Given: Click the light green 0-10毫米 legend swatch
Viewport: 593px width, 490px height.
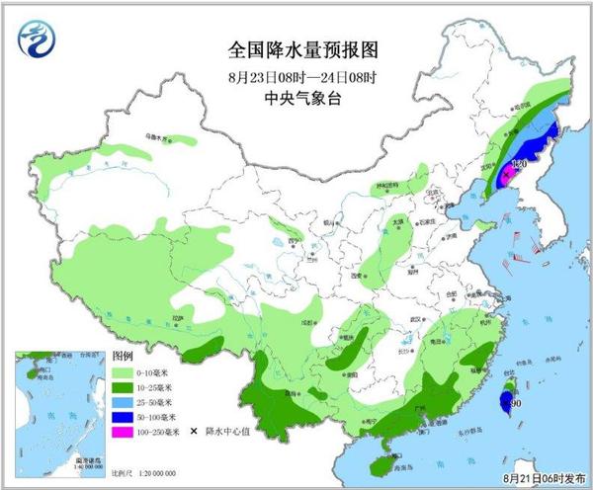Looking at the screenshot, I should tap(124, 373).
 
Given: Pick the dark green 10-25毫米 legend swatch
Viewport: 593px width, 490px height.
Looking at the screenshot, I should tap(124, 388).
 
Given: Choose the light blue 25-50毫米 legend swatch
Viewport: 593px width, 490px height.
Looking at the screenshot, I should tap(124, 402).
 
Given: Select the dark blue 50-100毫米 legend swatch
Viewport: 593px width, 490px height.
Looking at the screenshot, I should tap(124, 417).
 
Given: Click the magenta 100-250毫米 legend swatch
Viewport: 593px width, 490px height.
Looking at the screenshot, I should tap(124, 432).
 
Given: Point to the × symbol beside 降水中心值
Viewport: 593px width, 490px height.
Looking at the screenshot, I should tap(198, 432).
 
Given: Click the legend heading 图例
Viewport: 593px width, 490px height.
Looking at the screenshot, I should tap(123, 357).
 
